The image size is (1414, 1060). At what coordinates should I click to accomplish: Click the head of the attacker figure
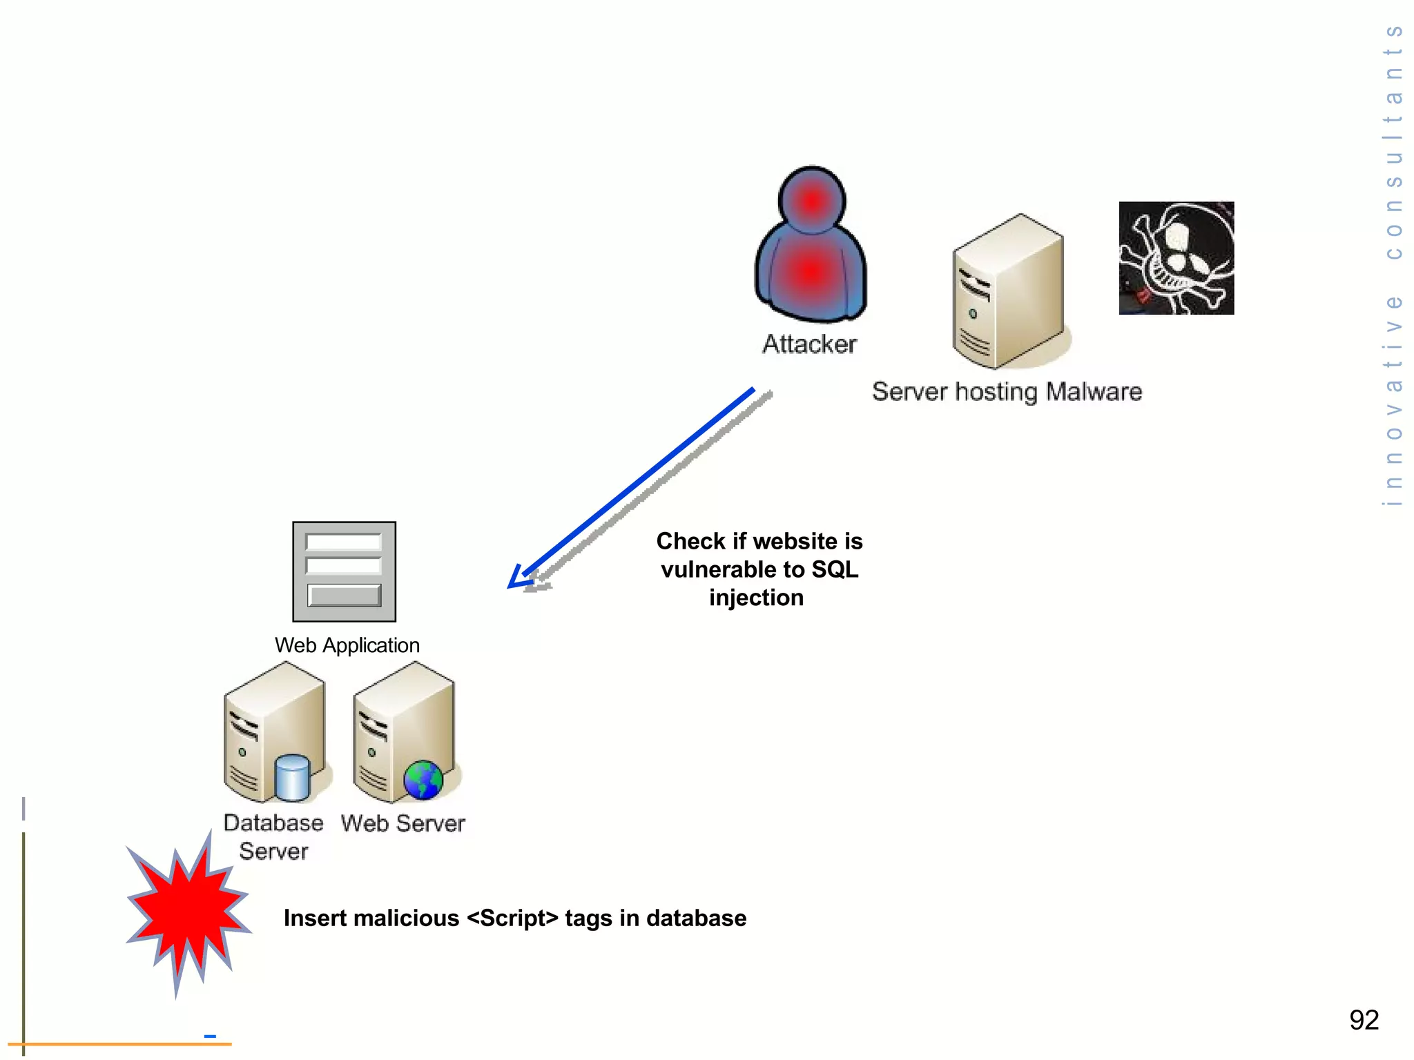[x=812, y=201]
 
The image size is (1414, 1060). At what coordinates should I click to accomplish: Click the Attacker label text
[x=809, y=344]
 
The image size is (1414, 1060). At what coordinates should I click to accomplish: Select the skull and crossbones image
[x=1176, y=258]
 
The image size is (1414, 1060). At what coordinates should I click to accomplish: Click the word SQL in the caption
[x=835, y=569]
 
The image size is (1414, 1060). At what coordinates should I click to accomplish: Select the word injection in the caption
[x=756, y=598]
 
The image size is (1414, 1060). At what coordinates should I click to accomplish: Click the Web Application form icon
[x=344, y=571]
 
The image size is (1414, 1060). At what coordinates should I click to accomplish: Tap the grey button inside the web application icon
[x=344, y=596]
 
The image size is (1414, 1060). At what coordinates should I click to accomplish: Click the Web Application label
[x=347, y=645]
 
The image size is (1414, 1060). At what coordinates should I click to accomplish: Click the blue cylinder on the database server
[x=292, y=778]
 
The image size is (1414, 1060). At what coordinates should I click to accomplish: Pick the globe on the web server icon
[x=423, y=780]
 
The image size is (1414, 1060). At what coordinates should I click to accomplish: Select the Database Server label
[x=273, y=836]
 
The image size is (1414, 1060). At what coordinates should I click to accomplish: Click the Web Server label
[x=403, y=823]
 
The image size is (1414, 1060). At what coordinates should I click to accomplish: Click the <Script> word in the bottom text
[x=512, y=919]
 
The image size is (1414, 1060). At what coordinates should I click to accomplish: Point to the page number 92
[x=1364, y=1020]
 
